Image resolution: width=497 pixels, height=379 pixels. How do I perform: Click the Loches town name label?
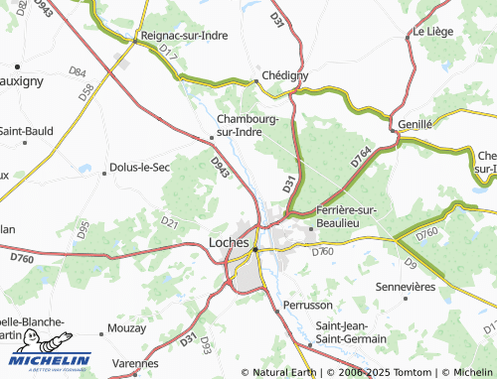[229, 241]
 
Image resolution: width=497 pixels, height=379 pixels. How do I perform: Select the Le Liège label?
[432, 32]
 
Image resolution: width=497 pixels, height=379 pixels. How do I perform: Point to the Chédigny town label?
[284, 74]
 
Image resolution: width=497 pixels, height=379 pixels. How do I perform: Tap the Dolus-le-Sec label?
[140, 167]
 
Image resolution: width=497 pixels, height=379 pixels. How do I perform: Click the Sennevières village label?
[405, 286]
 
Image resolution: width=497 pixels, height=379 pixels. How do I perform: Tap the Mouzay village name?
[126, 326]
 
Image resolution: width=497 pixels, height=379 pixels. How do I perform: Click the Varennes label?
[136, 363]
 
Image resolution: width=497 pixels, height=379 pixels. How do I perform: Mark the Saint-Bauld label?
[26, 130]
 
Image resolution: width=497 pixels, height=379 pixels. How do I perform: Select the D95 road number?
[83, 231]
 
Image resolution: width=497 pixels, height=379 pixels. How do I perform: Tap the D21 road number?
[168, 223]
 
